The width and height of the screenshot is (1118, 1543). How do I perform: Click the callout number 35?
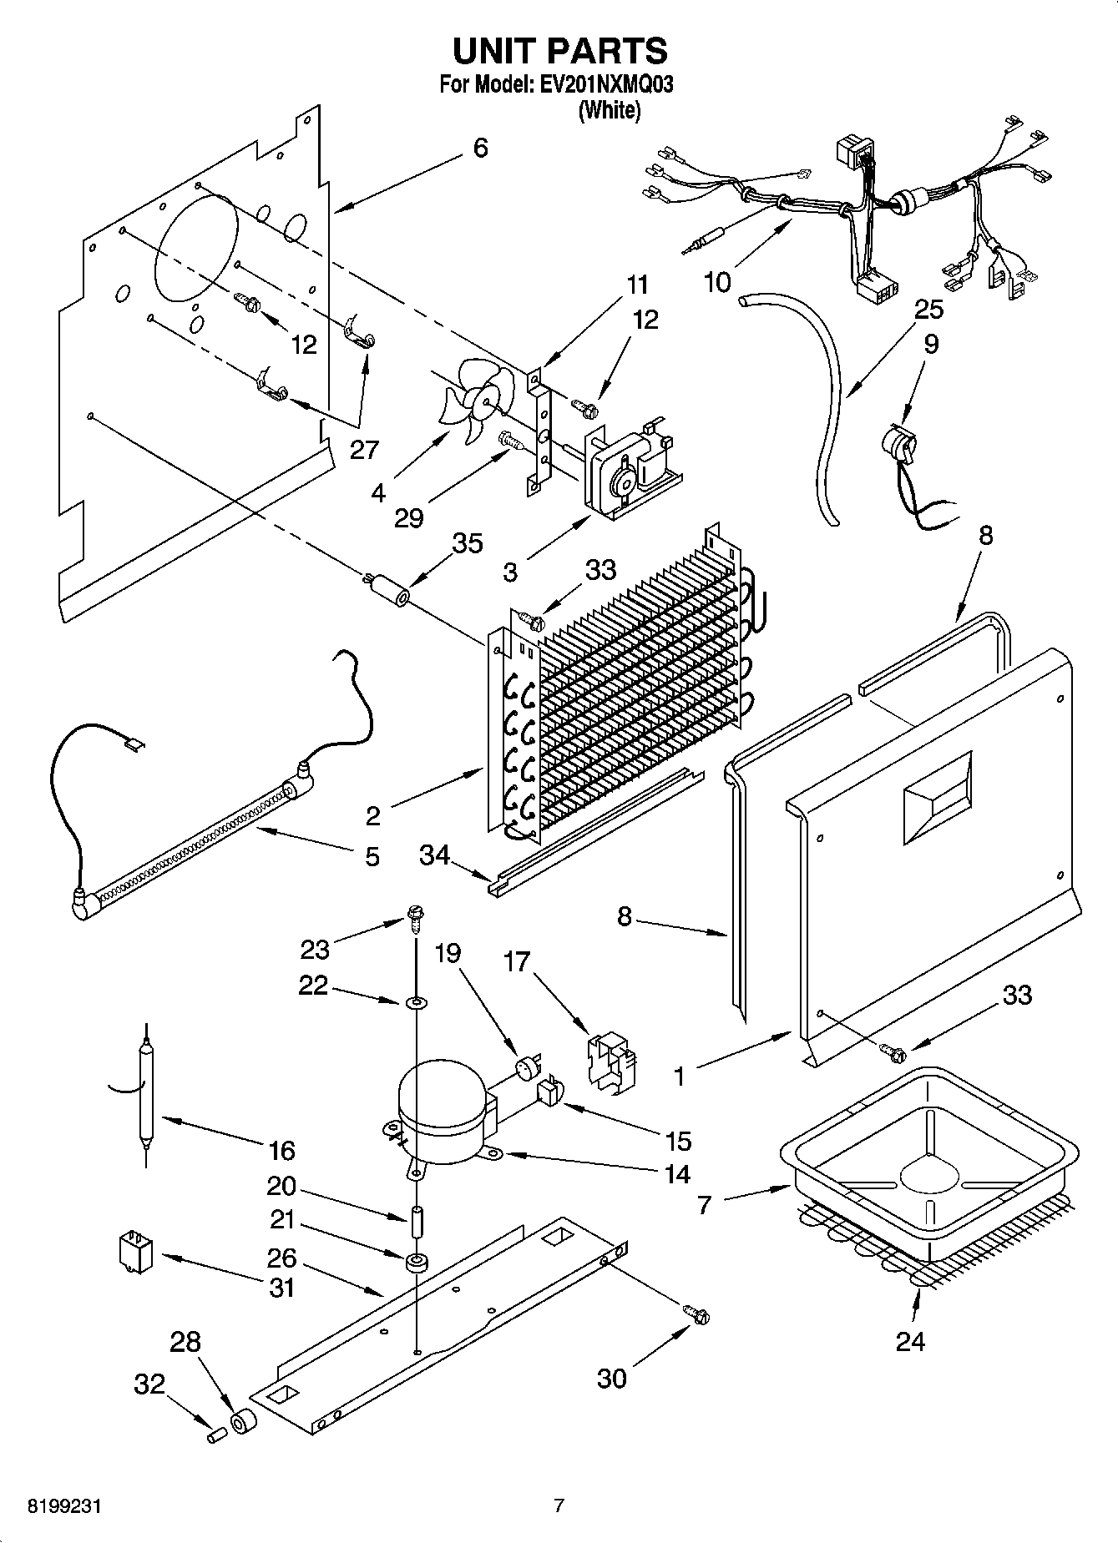(x=467, y=543)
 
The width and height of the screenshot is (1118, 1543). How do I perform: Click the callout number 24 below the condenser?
(x=910, y=1341)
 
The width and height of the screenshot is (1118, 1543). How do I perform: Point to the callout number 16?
(x=282, y=1151)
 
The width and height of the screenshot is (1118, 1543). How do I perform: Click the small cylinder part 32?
(x=217, y=1434)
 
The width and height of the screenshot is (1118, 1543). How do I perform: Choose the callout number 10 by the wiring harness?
(x=717, y=282)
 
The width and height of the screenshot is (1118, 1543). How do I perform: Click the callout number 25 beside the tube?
(x=928, y=309)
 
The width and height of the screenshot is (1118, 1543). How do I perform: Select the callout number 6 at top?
(x=480, y=148)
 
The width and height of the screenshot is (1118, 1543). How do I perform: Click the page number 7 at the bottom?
(x=559, y=1505)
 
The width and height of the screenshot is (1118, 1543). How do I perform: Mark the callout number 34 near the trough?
(x=434, y=855)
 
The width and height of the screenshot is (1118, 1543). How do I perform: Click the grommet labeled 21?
(x=415, y=1262)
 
